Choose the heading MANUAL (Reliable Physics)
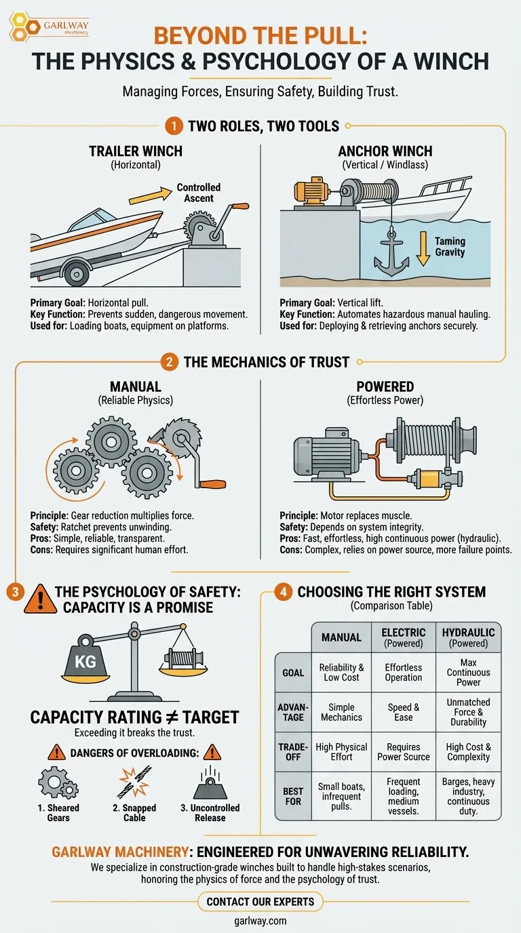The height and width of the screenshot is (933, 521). point(135,393)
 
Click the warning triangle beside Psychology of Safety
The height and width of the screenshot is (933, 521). point(39,599)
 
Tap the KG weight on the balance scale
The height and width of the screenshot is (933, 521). point(85,660)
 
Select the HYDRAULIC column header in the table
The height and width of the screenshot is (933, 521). point(468,637)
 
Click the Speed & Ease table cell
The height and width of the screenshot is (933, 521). point(403,712)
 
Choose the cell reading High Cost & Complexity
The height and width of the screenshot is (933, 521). point(468,752)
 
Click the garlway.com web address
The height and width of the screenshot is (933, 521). point(260,921)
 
